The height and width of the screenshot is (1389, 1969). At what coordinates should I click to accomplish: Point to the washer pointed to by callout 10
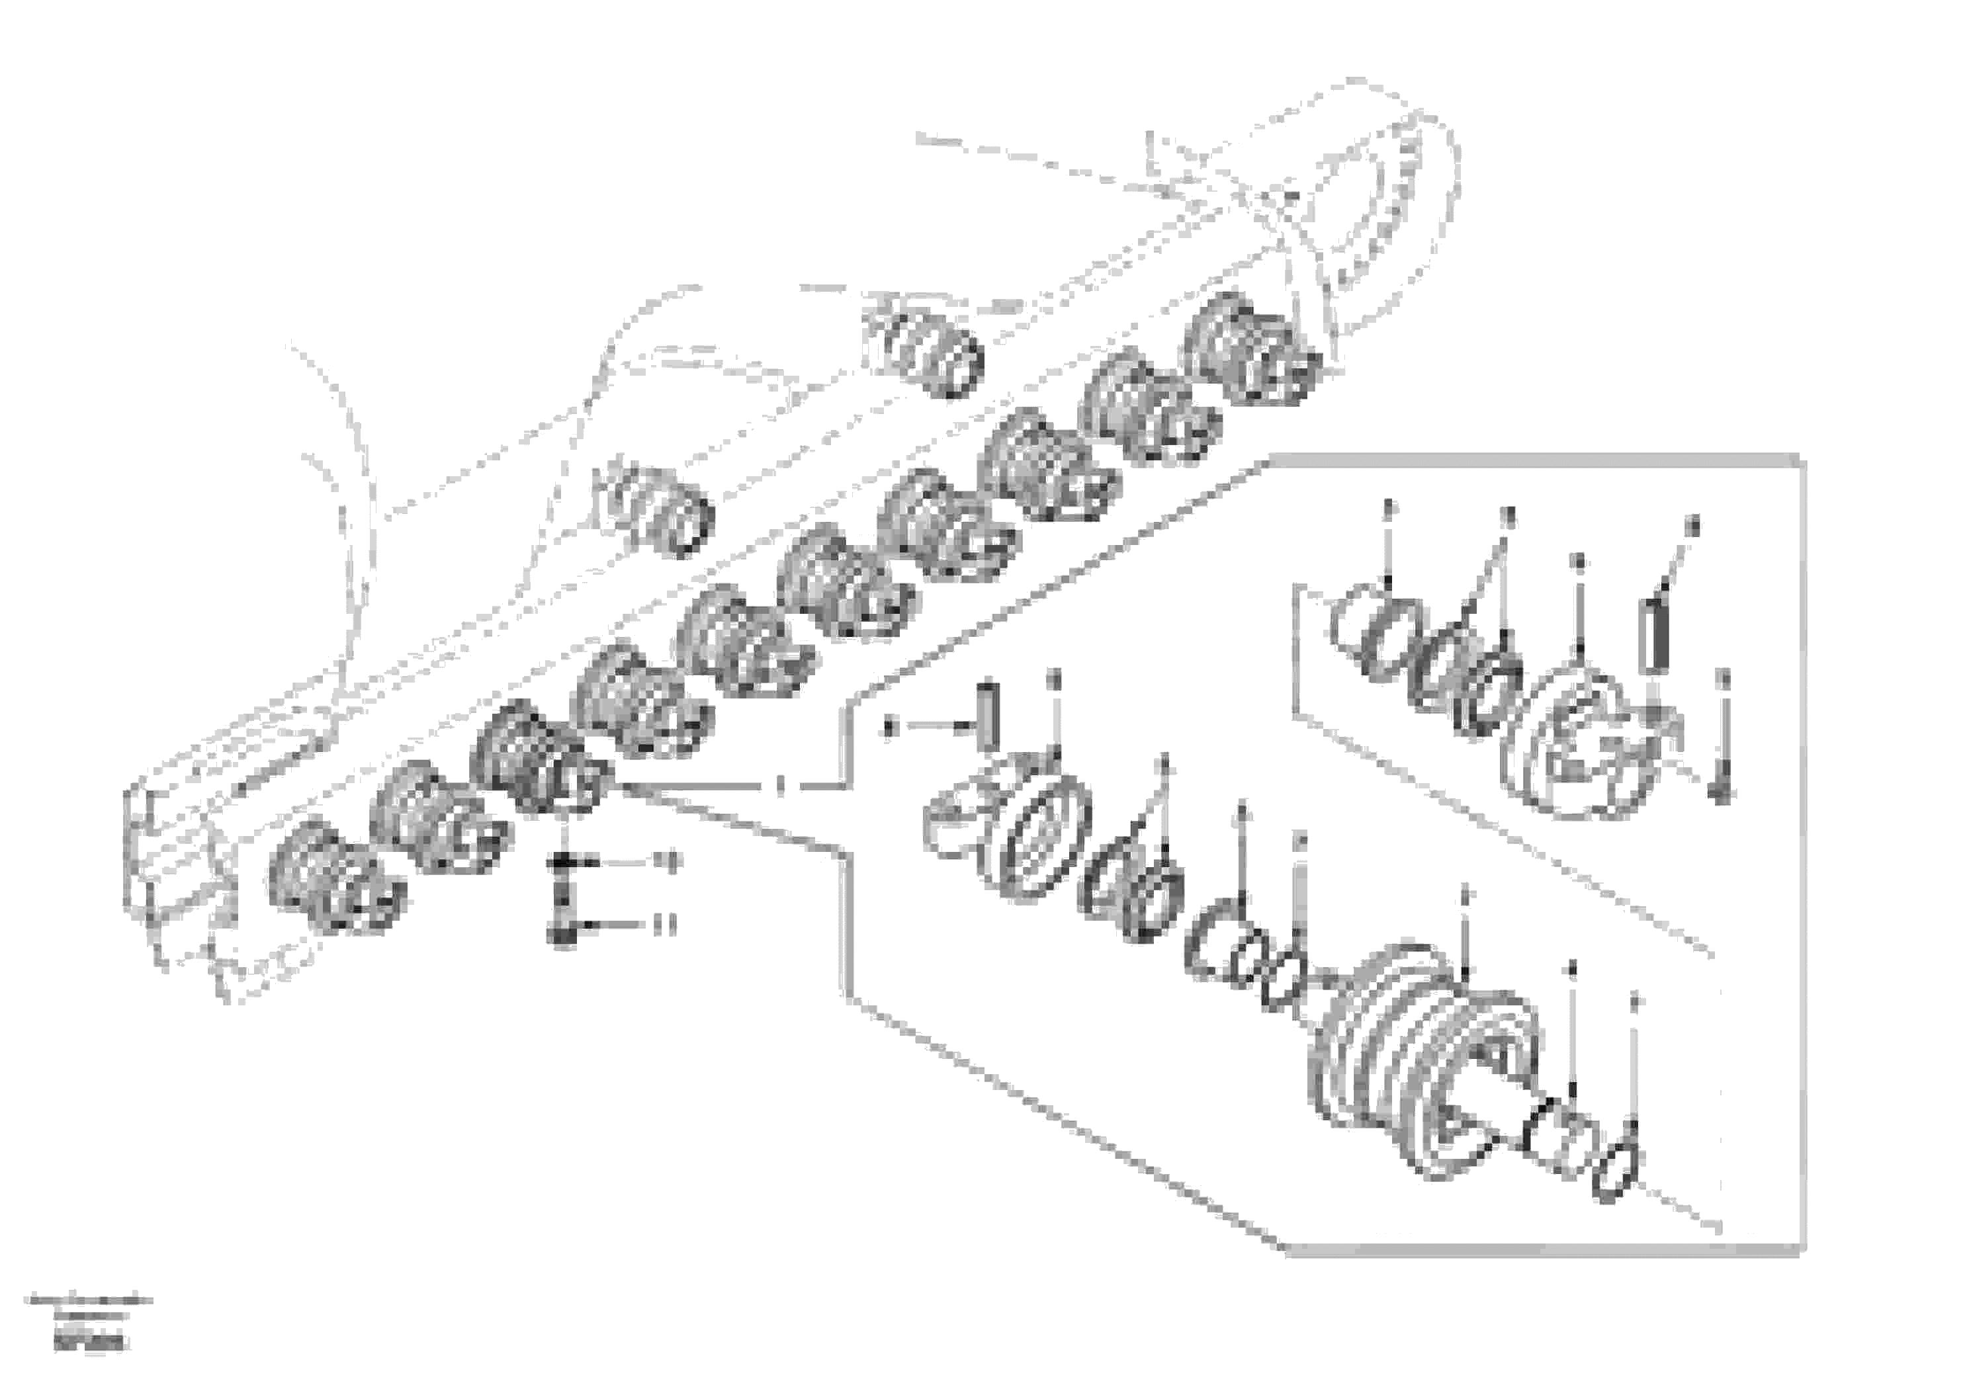pyautogui.click(x=562, y=862)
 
